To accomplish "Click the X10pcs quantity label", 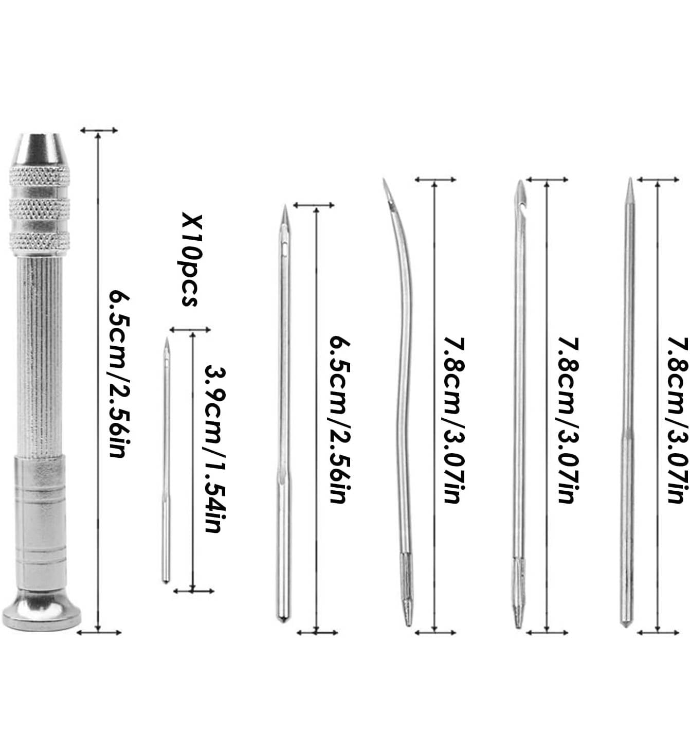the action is click(192, 260).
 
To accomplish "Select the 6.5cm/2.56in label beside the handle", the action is click(120, 374).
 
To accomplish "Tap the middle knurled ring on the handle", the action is click(40, 207).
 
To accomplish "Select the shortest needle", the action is click(166, 460).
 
